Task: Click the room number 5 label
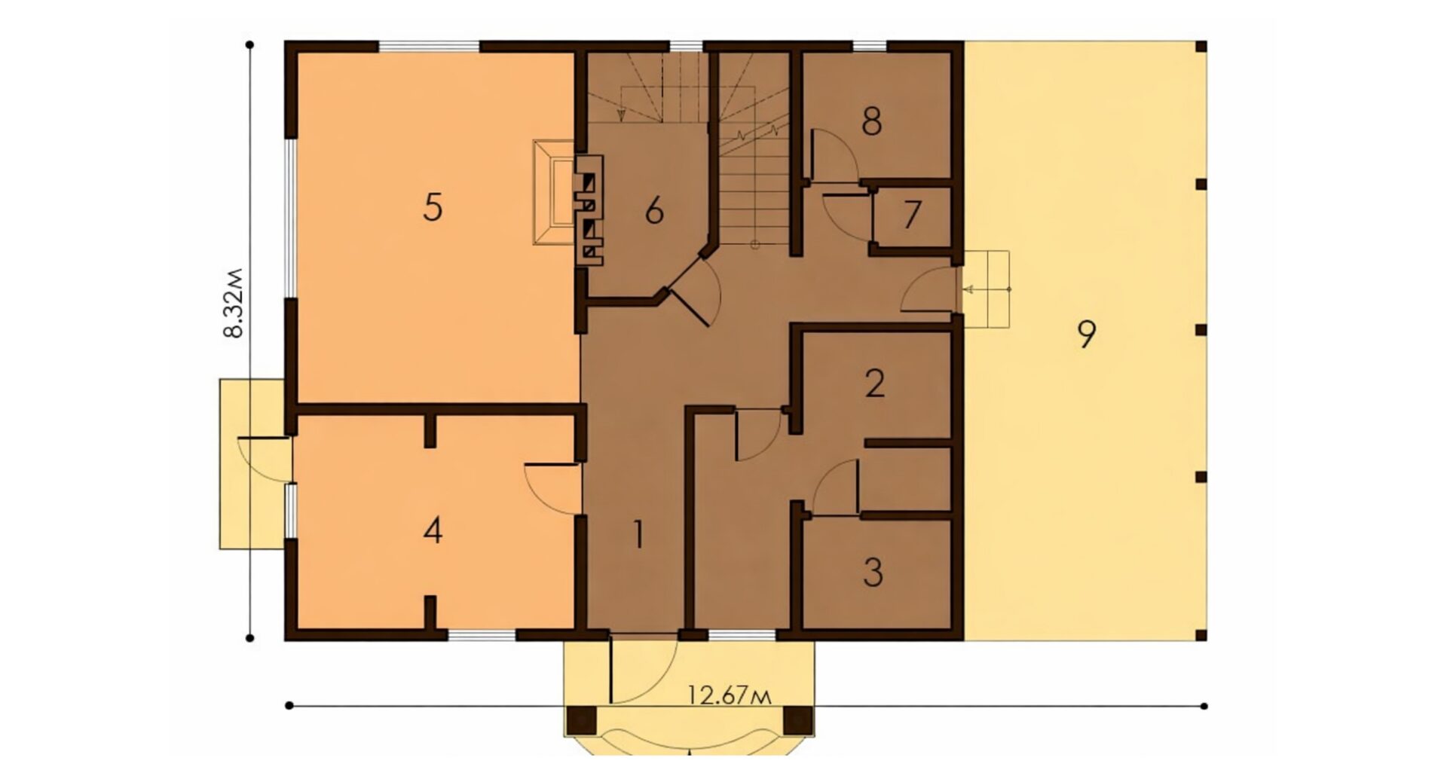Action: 432,207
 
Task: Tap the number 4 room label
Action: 432,531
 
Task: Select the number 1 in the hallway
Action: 638,535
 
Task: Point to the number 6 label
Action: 654,211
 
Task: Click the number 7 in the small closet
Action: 912,215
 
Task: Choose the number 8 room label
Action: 871,121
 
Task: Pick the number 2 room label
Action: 874,383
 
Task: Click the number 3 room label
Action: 873,572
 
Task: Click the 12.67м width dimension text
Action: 730,695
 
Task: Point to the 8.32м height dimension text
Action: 235,302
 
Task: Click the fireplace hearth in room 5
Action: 555,193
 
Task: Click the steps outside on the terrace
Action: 986,289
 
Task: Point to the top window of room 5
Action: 429,46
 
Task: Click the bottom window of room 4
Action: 482,635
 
